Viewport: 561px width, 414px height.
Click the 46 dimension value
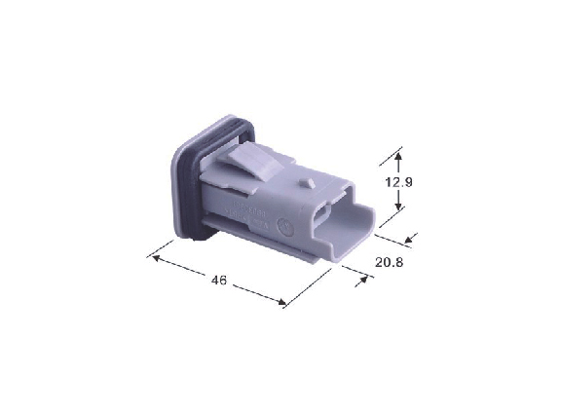pyautogui.click(x=218, y=281)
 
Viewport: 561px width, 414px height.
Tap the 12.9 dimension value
pyautogui.click(x=398, y=182)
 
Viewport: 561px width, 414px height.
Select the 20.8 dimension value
pyautogui.click(x=389, y=263)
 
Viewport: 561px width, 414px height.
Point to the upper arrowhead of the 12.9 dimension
pyautogui.click(x=398, y=156)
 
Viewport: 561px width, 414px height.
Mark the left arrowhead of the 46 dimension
pyautogui.click(x=155, y=257)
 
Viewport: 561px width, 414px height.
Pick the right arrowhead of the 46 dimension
pyautogui.click(x=282, y=302)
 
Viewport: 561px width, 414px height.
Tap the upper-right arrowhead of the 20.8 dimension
pyautogui.click(x=409, y=240)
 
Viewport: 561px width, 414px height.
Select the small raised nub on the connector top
pyautogui.click(x=307, y=183)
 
